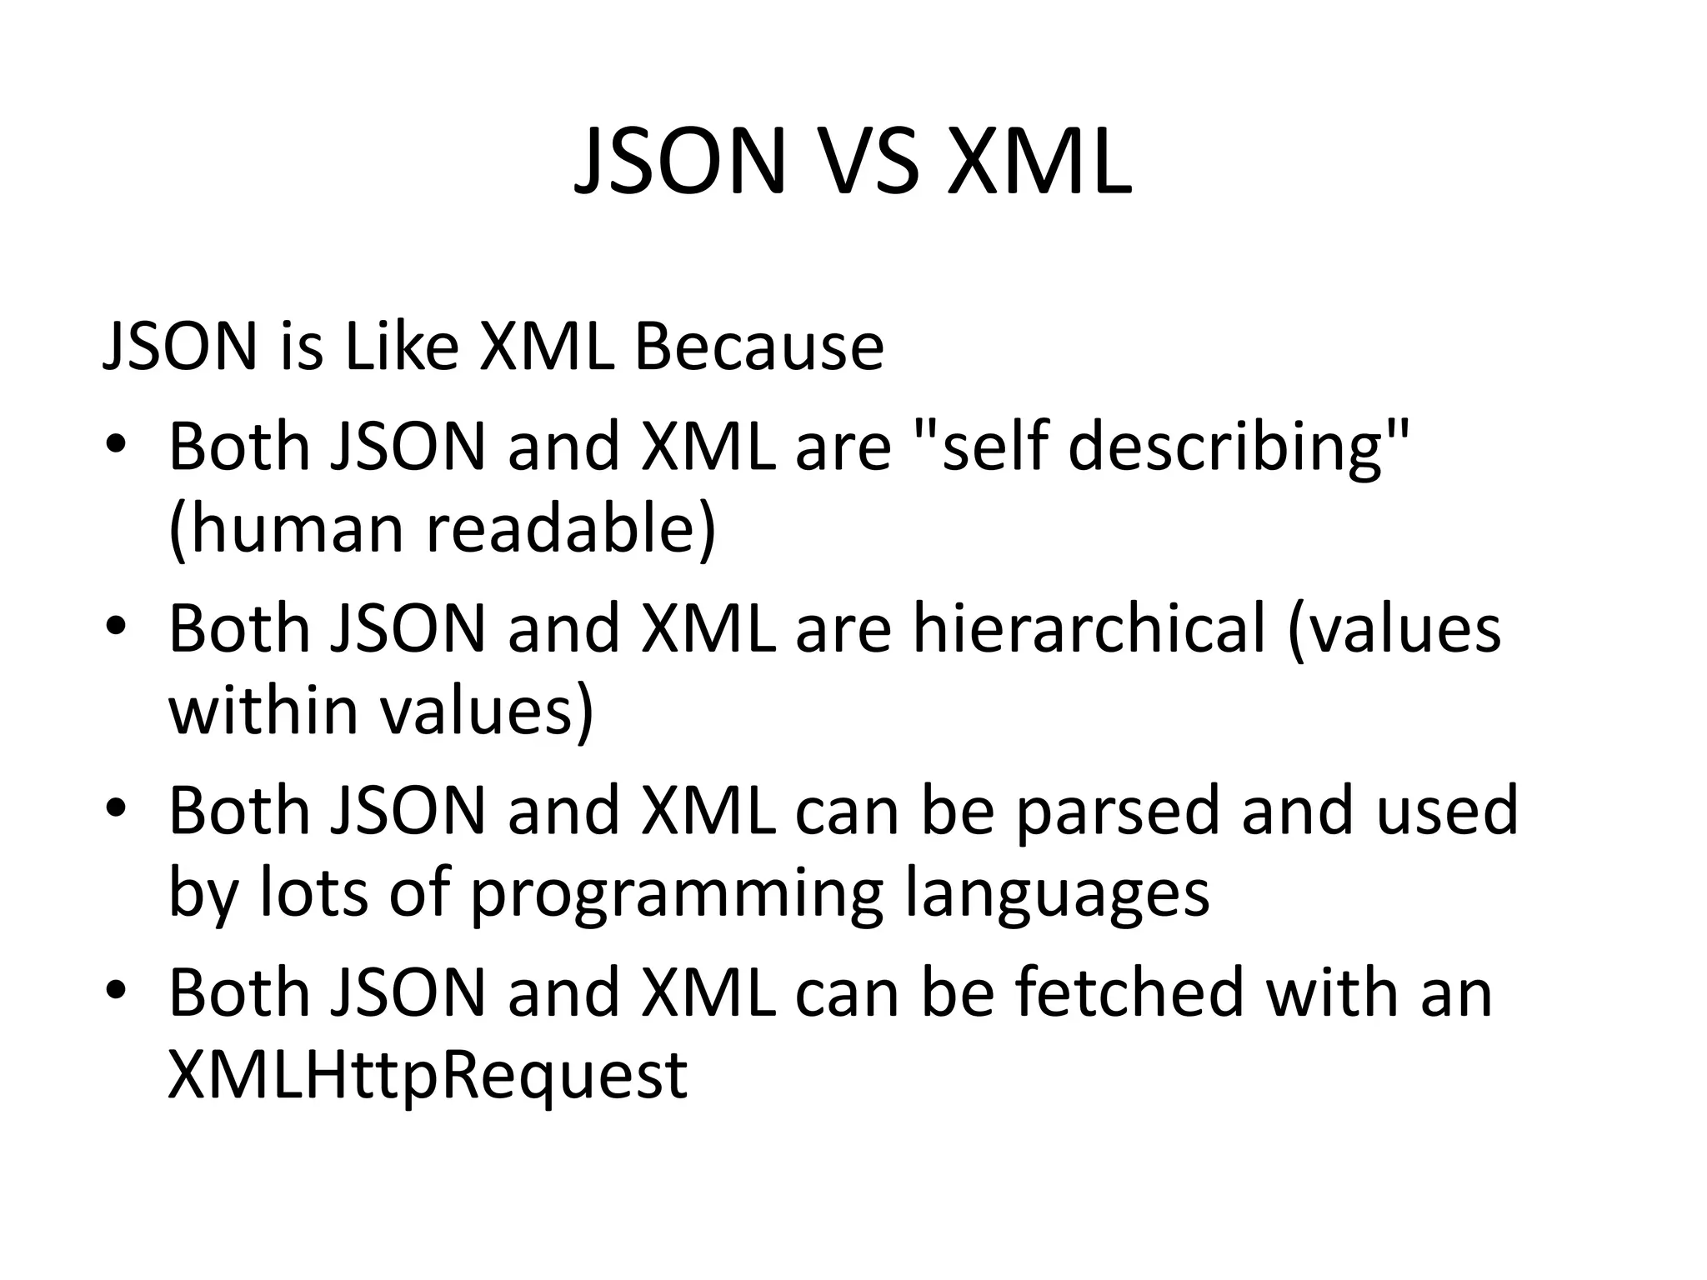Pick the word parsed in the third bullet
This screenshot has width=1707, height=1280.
pyautogui.click(x=1119, y=811)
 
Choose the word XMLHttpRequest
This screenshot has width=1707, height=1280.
pyautogui.click(x=428, y=1075)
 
